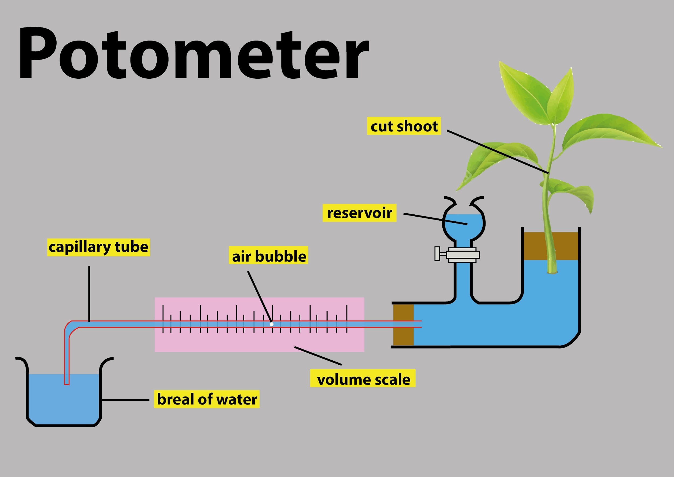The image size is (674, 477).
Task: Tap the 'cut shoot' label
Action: tap(404, 126)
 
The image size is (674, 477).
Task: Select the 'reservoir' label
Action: tap(359, 213)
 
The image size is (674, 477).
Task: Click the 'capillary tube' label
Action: tap(98, 247)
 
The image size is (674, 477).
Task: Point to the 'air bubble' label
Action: tap(268, 256)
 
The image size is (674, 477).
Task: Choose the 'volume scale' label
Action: tap(363, 379)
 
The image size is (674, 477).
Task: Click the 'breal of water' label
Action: tap(207, 399)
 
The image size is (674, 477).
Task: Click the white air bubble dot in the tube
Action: tap(271, 324)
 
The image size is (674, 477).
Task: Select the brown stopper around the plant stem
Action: tap(551, 246)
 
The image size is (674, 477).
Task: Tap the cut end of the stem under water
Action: tap(552, 272)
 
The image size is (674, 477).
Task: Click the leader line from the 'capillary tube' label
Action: tap(89, 294)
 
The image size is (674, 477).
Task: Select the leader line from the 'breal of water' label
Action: tap(125, 400)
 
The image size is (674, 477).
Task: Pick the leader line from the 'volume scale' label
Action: tap(318, 356)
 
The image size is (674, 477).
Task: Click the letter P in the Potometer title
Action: tap(38, 53)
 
